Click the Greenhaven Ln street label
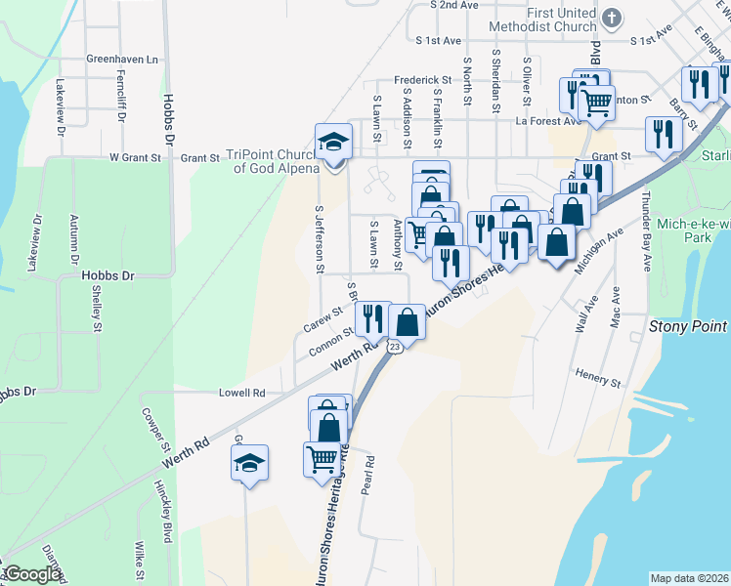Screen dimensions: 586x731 click(122, 60)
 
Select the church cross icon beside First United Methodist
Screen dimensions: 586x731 click(611, 18)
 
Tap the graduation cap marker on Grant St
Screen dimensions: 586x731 click(333, 142)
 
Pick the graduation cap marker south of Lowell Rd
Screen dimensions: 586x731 click(249, 462)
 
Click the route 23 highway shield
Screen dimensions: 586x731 click(394, 347)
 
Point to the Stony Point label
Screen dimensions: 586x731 click(688, 326)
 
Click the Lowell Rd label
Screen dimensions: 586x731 click(242, 393)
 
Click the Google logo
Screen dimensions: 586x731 click(31, 574)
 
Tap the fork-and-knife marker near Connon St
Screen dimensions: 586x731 click(372, 318)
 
